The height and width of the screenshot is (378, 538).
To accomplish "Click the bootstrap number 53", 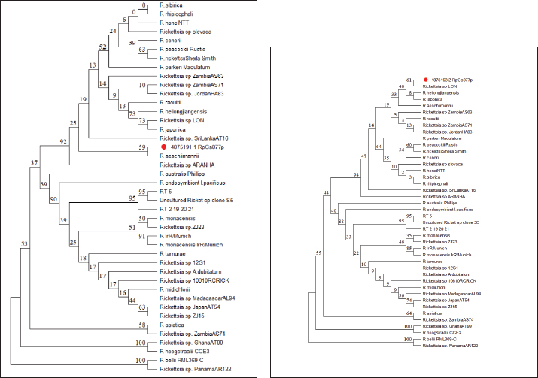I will (25, 243).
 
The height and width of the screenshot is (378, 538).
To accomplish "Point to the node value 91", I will (142, 237).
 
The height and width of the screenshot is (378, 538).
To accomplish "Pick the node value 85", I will (409, 248).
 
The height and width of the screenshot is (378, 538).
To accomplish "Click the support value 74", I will (409, 300).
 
